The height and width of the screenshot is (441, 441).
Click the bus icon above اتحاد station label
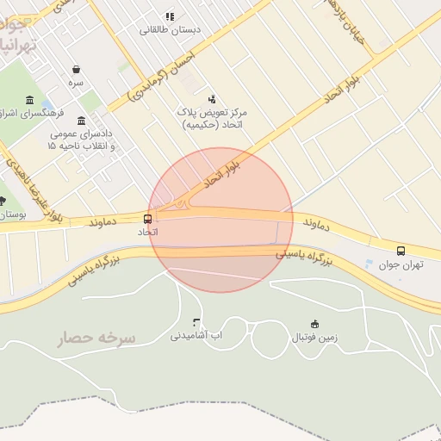click(147, 219)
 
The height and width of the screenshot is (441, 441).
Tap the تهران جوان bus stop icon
click(401, 251)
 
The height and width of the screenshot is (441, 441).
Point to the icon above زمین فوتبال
click(314, 324)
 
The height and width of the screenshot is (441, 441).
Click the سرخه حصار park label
click(97, 338)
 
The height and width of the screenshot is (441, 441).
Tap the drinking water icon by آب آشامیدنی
click(196, 321)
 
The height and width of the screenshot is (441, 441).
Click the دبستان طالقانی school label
click(170, 29)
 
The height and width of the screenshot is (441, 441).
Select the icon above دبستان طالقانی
click(170, 16)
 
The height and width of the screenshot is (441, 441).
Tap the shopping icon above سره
click(77, 69)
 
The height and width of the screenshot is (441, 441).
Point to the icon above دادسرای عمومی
click(82, 121)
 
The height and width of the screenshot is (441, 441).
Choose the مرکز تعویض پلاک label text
click(212, 113)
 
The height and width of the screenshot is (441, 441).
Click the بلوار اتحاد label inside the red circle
click(219, 173)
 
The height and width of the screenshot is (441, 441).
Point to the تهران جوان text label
click(401, 265)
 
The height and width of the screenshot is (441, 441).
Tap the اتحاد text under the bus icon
click(147, 233)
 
